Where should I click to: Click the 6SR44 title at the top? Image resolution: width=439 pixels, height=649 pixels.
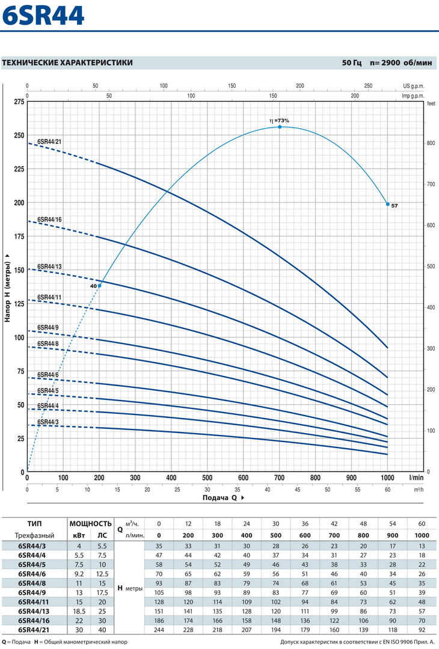click(43, 16)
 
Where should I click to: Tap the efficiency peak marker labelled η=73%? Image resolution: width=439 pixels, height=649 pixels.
click(280, 127)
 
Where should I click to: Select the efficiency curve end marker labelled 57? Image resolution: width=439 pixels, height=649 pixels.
click(388, 204)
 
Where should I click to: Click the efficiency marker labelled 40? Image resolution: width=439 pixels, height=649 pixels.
click(100, 285)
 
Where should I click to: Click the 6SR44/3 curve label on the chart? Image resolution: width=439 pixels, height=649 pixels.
click(48, 422)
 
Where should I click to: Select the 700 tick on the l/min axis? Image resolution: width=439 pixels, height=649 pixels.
click(280, 478)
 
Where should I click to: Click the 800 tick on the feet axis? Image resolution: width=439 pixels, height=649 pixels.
click(431, 143)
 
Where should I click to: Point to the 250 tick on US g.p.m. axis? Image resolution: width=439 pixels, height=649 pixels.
click(369, 86)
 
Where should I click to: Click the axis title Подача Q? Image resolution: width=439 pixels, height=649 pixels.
click(220, 498)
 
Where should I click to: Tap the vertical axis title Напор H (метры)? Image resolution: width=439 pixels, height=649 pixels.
click(8, 288)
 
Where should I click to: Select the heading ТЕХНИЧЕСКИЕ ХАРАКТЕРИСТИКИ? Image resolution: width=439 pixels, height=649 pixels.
click(67, 63)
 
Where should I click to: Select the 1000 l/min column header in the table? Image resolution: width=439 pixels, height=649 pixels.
click(422, 535)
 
